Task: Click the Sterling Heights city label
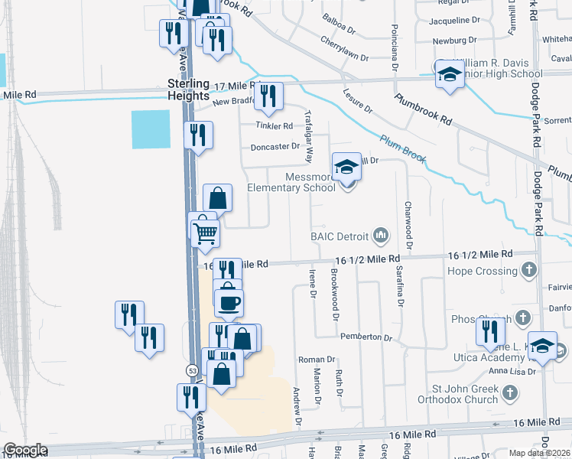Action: pos(188,90)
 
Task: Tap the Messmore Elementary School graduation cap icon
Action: pos(347,167)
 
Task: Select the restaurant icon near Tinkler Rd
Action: pos(268,96)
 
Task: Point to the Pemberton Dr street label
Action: pos(366,337)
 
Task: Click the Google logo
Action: pos(25,450)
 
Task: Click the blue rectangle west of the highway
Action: pos(151,129)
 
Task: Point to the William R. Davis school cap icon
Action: pos(450,73)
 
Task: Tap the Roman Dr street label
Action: pos(317,360)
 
